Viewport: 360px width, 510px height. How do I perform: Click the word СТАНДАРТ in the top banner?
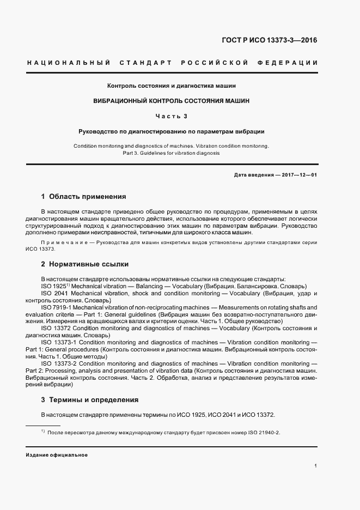144,63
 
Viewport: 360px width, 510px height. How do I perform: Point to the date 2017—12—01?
297,174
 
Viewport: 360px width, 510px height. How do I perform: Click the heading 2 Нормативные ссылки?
84,264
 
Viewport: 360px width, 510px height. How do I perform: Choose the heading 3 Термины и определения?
90,399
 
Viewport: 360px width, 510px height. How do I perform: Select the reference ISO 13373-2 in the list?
61,363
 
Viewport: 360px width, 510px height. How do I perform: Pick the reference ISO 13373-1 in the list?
61,342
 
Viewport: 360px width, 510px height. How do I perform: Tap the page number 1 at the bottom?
316,466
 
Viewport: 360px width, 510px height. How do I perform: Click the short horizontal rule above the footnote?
43,425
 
